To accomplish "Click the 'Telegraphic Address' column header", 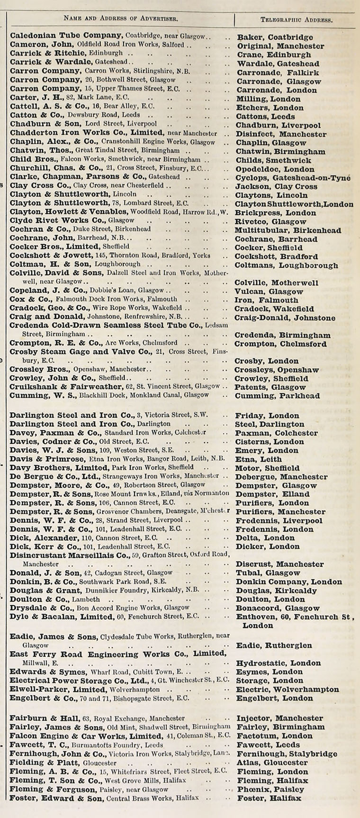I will point(296,20).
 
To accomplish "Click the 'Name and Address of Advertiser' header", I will point(121,19).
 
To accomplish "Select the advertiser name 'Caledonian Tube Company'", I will point(66,36).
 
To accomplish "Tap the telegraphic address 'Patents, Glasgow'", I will point(270,387).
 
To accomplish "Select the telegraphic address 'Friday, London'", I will point(267,416).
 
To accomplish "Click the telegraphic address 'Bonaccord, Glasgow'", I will point(278,608).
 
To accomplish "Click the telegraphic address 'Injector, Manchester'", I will point(279,718).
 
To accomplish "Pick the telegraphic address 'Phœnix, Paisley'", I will point(270,790).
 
